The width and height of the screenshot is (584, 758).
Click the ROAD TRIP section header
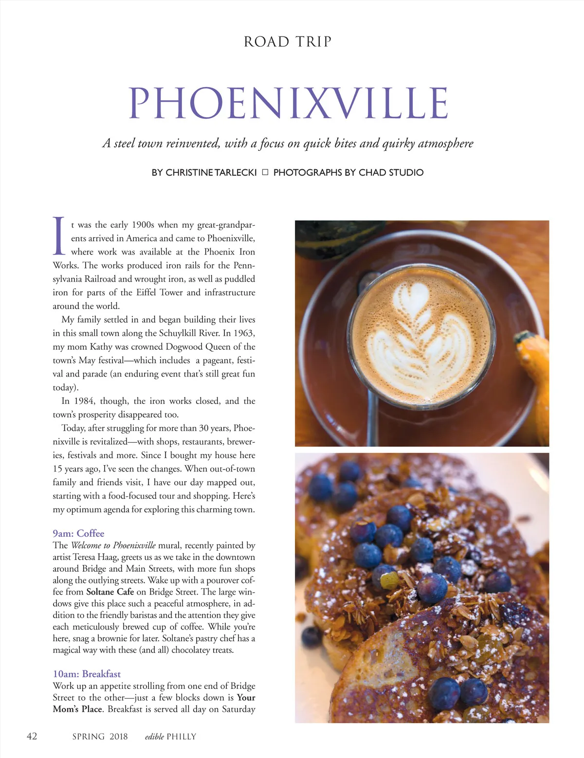(x=287, y=42)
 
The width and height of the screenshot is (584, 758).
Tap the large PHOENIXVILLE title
(x=288, y=103)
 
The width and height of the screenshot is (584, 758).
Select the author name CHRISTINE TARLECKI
(x=211, y=173)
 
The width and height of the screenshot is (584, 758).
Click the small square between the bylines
(x=265, y=172)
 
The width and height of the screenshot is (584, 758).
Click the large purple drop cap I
(x=59, y=236)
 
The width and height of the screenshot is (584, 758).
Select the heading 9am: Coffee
(x=78, y=533)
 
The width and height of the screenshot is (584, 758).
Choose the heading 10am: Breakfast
(x=87, y=674)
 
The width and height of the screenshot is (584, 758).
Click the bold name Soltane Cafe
(x=110, y=592)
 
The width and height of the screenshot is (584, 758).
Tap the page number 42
(x=32, y=736)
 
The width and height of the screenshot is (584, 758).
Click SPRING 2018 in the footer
(x=100, y=737)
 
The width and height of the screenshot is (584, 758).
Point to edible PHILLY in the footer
(x=170, y=737)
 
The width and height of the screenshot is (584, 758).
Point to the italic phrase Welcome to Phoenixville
(x=113, y=545)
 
